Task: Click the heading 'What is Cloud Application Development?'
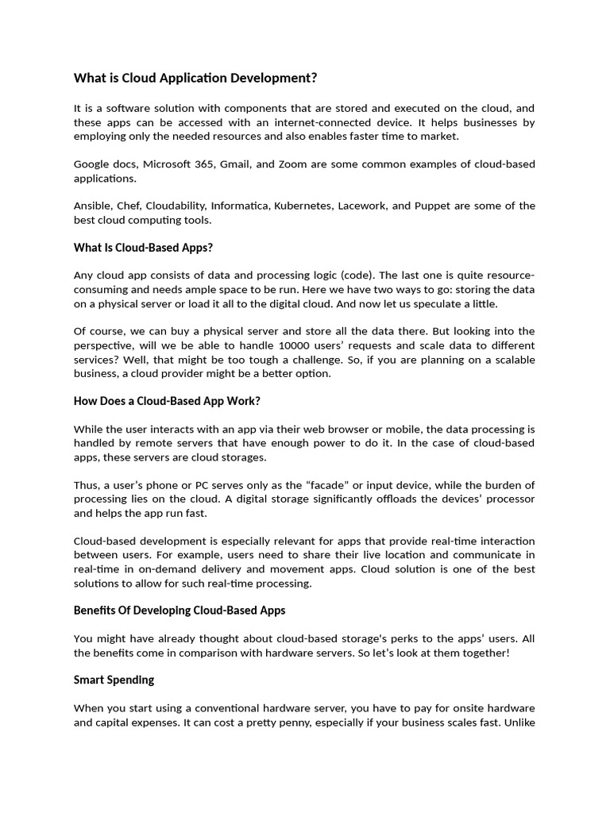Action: coord(195,78)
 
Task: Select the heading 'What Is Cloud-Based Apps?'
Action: coord(143,248)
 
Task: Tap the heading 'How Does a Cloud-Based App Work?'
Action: coord(167,401)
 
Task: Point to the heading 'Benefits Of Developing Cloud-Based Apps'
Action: coord(180,611)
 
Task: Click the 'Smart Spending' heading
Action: coord(114,680)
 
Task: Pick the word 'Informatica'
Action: coord(241,206)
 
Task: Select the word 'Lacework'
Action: coord(362,206)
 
